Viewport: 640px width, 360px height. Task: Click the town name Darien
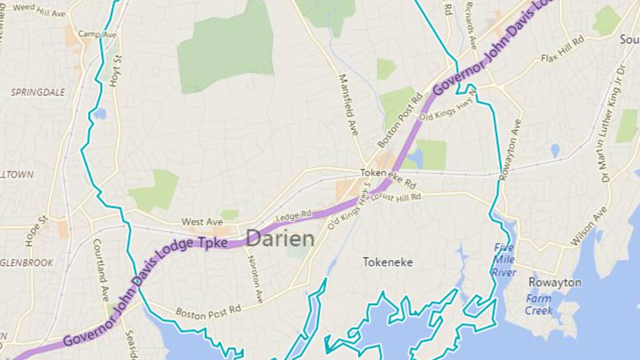click(x=280, y=239)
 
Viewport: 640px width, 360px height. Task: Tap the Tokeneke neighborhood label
click(x=387, y=262)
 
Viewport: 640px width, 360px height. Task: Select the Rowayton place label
click(x=555, y=282)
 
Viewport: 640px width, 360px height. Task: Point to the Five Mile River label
click(x=504, y=260)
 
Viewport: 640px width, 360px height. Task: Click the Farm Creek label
click(x=538, y=304)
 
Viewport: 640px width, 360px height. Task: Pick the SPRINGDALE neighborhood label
click(x=38, y=92)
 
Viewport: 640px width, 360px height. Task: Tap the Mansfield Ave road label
click(x=349, y=104)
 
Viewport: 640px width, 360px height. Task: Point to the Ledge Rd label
click(x=293, y=215)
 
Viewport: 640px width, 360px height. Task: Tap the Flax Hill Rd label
click(x=562, y=50)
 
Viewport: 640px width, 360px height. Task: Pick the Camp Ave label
click(x=97, y=34)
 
